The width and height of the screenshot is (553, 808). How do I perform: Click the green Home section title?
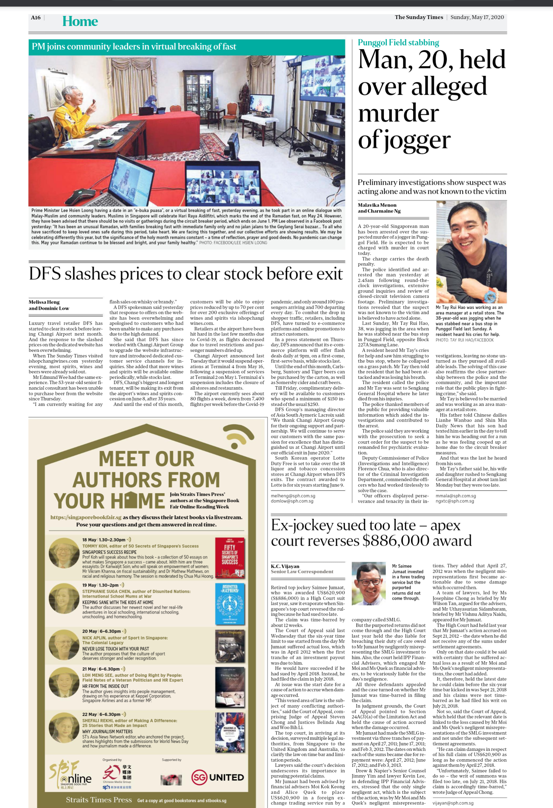(80, 21)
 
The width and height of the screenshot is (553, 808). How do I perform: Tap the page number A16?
(36, 18)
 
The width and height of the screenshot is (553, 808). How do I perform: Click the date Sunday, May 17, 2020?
(477, 17)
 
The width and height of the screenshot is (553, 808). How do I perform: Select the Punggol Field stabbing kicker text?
(398, 43)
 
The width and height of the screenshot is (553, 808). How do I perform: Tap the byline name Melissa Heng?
(44, 302)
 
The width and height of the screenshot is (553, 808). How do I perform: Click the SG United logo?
(218, 778)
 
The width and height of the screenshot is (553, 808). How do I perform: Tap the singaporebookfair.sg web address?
(86, 517)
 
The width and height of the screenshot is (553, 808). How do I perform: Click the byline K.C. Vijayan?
(285, 566)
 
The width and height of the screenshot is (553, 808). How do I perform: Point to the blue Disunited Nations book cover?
(229, 603)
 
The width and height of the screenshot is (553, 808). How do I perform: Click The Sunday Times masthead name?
(419, 17)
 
